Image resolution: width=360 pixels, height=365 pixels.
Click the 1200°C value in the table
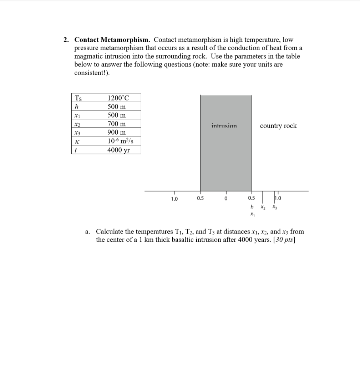(x=118, y=98)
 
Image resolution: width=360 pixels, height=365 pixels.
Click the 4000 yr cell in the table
(x=119, y=150)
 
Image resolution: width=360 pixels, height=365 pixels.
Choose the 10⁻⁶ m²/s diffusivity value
(x=120, y=141)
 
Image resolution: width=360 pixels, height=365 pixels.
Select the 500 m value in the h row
(x=117, y=107)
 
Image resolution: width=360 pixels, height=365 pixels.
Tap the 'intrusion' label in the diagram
(x=224, y=126)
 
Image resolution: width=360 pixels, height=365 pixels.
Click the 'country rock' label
(x=278, y=126)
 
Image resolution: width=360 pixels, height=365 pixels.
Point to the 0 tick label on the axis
(x=226, y=199)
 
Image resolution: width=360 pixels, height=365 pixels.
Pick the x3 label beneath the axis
(x=274, y=207)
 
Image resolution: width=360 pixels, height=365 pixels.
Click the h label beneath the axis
(x=252, y=207)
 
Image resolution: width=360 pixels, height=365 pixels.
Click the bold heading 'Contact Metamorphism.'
(x=113, y=40)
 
